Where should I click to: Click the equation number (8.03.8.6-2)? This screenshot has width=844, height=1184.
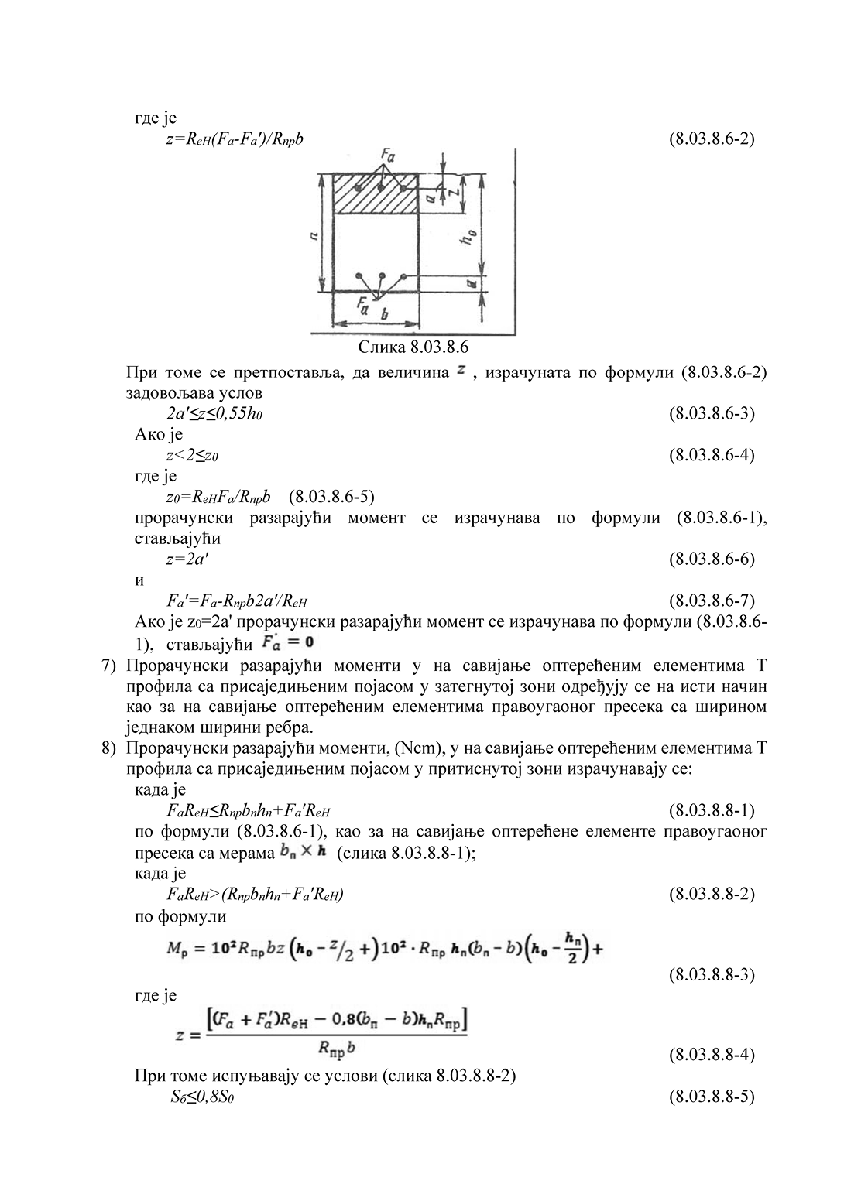click(711, 139)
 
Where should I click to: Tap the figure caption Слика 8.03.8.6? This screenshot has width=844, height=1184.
click(413, 346)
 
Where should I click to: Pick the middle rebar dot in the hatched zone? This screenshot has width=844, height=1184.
click(381, 188)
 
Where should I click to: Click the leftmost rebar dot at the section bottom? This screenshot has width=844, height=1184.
click(359, 276)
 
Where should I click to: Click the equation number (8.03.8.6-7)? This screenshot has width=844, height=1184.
click(711, 601)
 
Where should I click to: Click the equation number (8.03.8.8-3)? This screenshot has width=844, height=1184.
click(711, 974)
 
